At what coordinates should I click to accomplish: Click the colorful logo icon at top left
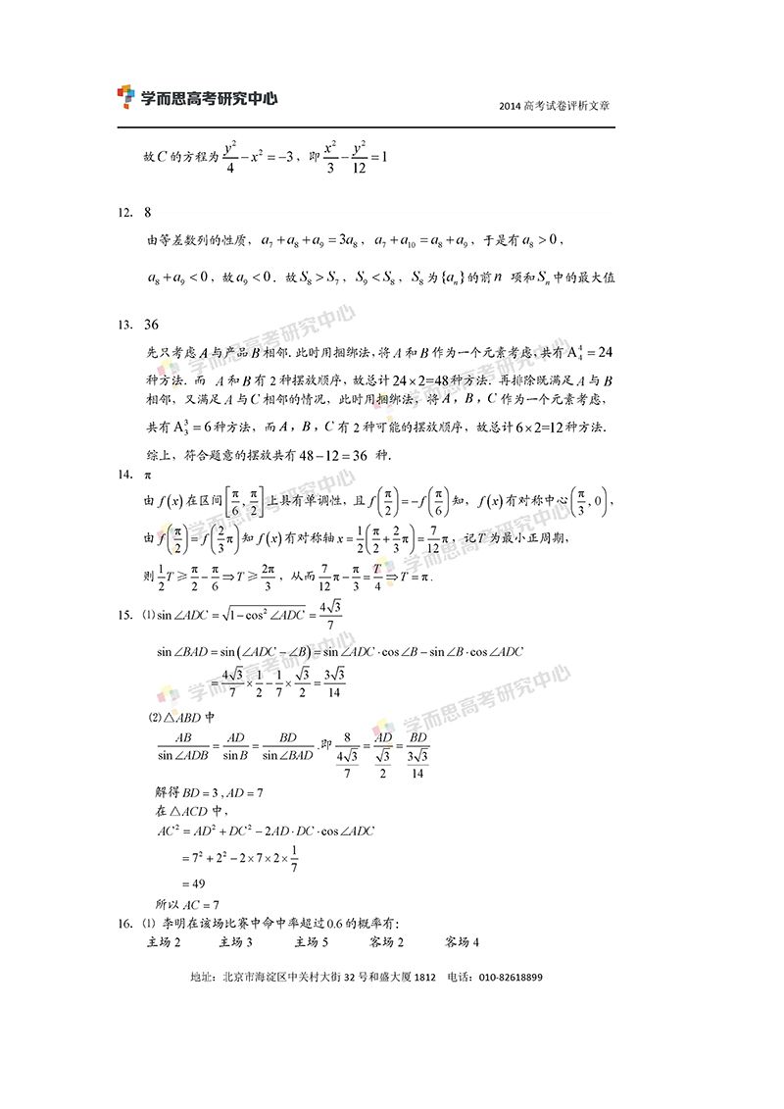(125, 96)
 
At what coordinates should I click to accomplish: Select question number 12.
(124, 212)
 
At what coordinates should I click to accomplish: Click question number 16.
(124, 923)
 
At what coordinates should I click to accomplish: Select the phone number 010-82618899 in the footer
(509, 978)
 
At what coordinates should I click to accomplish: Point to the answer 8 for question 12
(148, 212)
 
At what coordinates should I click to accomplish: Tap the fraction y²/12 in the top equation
(359, 155)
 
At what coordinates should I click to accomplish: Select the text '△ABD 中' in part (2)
(187, 715)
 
